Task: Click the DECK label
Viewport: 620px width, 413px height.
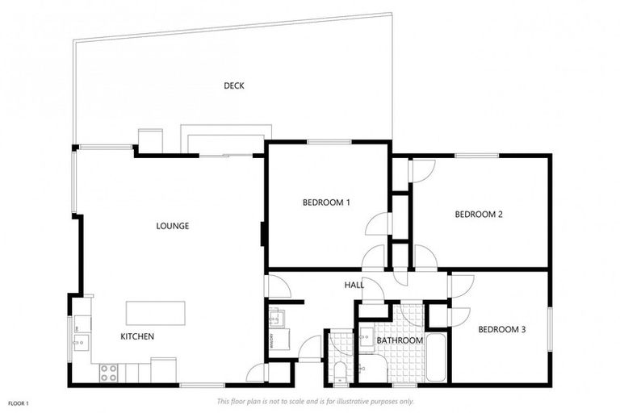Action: [233, 86]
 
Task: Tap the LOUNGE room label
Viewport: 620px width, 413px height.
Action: [172, 226]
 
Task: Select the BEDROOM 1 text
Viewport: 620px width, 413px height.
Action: [326, 202]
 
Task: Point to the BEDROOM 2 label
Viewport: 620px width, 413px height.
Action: [479, 214]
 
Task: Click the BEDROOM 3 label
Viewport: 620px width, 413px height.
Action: [501, 329]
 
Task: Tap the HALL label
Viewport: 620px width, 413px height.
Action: [354, 285]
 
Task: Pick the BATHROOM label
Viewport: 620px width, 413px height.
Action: [400, 340]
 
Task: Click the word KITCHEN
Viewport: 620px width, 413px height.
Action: [137, 336]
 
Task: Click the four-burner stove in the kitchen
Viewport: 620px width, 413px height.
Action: [107, 373]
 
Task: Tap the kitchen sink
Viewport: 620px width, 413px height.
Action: [80, 341]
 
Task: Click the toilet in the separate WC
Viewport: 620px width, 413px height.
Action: [340, 372]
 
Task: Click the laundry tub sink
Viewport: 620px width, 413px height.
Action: [274, 317]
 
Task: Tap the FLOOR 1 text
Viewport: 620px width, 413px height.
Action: [18, 403]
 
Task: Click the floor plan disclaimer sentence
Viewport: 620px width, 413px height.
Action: [315, 401]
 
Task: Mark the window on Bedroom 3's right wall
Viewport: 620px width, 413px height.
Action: [551, 329]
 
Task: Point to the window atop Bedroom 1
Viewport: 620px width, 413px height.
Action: [323, 142]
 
